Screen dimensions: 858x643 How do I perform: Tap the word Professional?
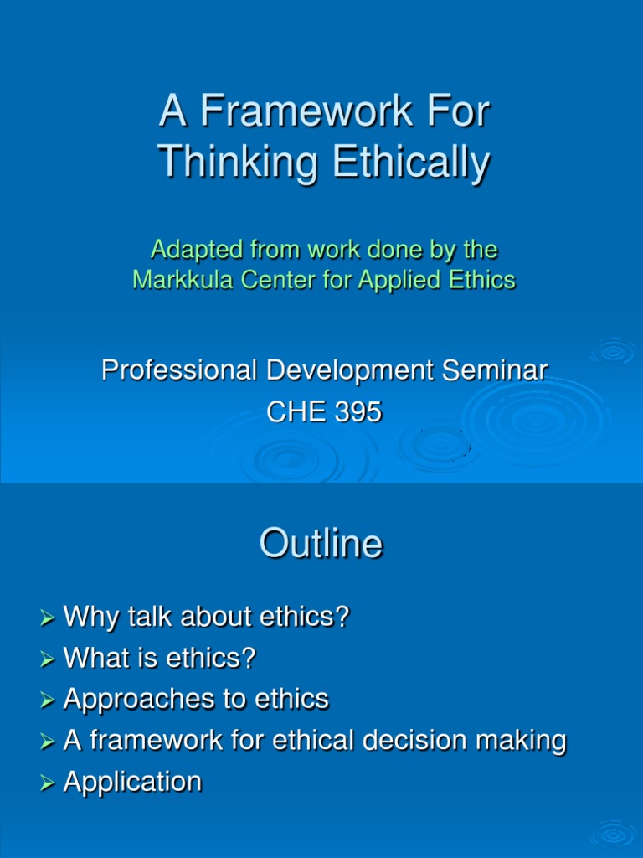click(175, 370)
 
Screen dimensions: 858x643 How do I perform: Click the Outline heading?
click(321, 545)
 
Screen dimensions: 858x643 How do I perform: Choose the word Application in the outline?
click(132, 782)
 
